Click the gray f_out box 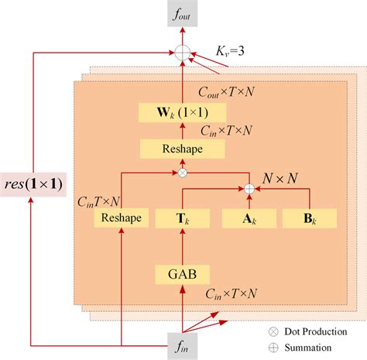183,16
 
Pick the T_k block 183,218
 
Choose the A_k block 249,218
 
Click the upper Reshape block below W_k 183,148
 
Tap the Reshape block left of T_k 122,218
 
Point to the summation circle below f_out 183,53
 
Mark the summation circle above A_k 249,187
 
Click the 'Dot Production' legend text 314,332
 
